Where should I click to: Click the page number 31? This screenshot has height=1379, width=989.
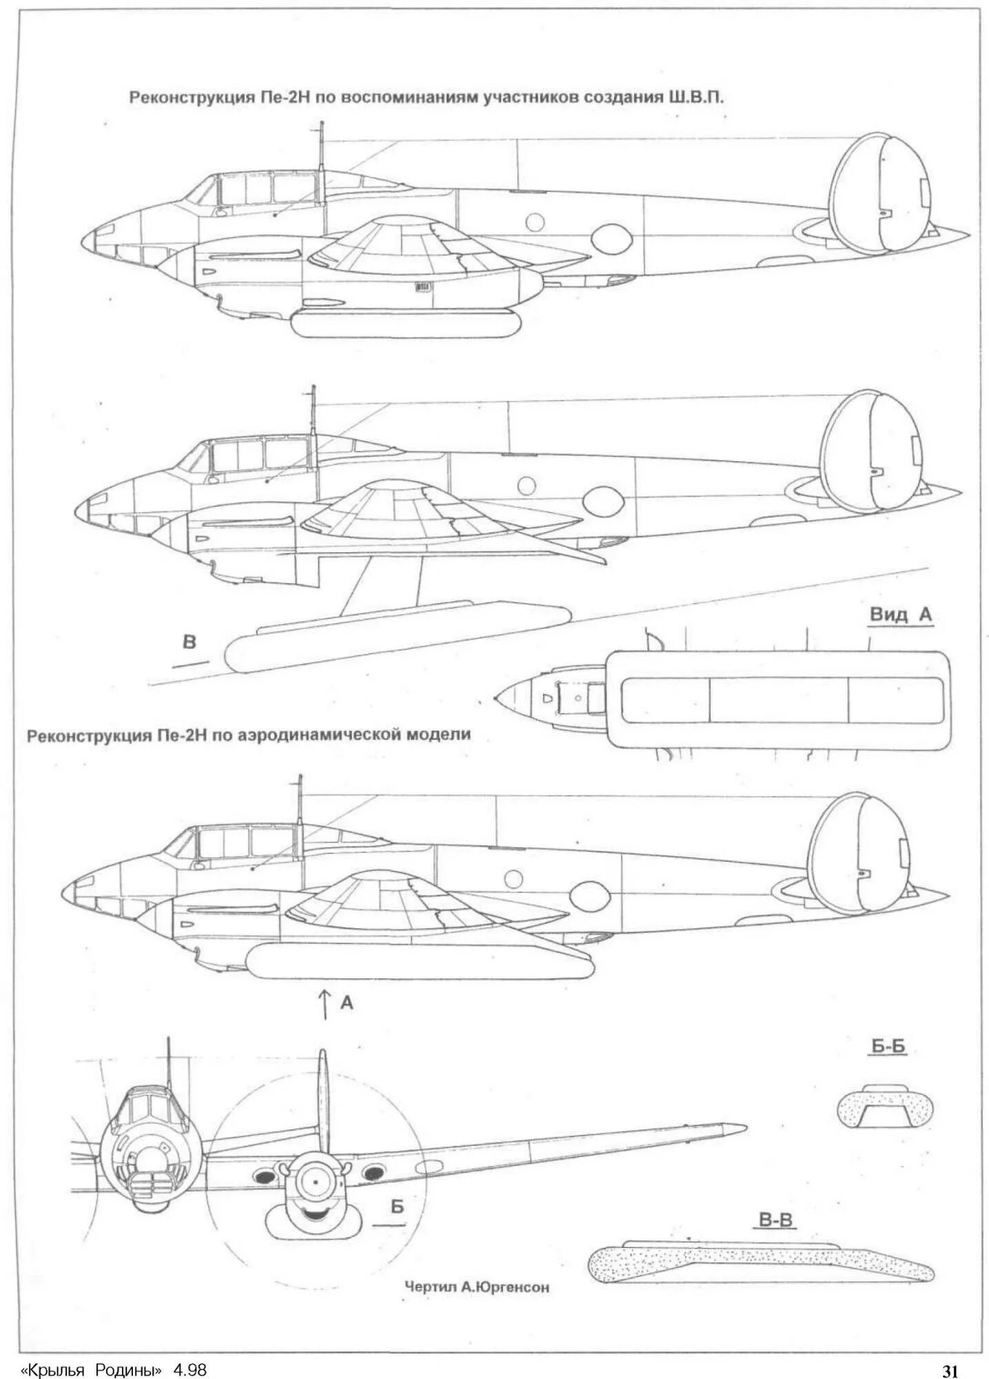click(x=950, y=1369)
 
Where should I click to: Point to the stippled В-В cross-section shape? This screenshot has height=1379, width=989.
click(x=758, y=1264)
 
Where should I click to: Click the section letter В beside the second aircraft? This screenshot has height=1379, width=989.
click(x=189, y=642)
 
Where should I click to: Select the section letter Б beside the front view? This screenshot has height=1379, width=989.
click(x=396, y=1206)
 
